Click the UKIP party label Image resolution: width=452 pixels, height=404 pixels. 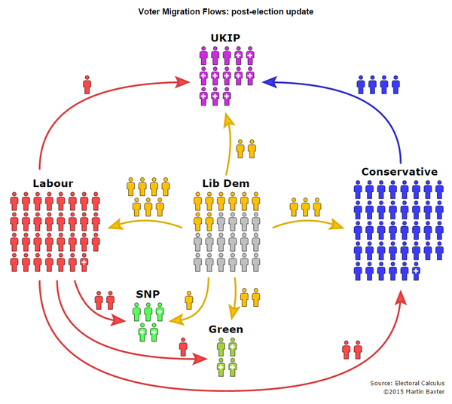225,38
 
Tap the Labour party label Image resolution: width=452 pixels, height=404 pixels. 53,183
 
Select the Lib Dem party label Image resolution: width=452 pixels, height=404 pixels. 226,183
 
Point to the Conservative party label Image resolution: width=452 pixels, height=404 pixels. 399,172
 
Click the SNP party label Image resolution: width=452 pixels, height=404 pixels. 148,294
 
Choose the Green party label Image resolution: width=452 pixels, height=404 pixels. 226,329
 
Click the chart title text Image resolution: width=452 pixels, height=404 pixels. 226,12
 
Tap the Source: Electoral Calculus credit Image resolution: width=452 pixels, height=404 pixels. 408,383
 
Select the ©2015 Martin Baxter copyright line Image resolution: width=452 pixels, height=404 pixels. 414,392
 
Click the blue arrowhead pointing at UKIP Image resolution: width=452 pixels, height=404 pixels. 269,82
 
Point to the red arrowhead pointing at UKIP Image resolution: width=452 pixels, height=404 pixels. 182,82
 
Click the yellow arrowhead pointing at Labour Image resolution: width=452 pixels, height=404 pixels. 115,225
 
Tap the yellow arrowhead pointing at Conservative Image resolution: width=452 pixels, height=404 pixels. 337,225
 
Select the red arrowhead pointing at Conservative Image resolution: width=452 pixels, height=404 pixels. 400,298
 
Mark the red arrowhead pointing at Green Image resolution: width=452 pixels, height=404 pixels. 200,359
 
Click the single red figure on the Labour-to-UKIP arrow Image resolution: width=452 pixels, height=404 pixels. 87,84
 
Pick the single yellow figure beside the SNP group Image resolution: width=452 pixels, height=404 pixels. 189,300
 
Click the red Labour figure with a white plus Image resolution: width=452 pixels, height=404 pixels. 84,262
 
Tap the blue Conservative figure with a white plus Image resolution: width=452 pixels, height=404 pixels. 416,271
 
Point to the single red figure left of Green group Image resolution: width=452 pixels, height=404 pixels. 183,347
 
